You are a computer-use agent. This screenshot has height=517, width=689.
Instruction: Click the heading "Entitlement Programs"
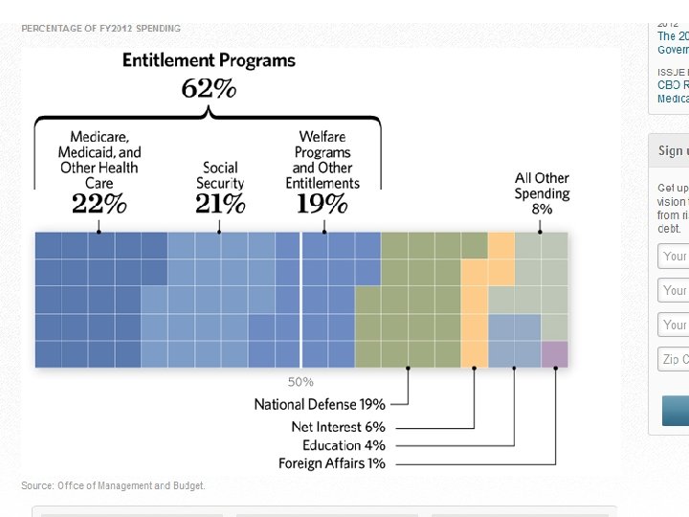click(x=209, y=60)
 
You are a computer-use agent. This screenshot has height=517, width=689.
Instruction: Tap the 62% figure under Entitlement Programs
click(x=209, y=89)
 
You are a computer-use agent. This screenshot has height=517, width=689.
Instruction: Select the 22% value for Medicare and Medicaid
click(x=99, y=203)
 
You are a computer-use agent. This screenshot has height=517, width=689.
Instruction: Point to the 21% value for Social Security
click(x=220, y=203)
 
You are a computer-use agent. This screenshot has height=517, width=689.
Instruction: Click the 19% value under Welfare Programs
click(x=322, y=203)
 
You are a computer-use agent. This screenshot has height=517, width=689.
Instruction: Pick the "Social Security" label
click(x=220, y=175)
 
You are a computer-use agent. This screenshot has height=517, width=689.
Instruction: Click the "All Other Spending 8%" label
click(x=542, y=192)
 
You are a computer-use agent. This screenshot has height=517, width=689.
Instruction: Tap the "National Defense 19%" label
click(x=320, y=404)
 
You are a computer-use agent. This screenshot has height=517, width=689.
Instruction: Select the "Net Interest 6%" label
click(x=338, y=426)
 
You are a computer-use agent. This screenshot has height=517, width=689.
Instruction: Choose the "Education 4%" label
click(x=344, y=445)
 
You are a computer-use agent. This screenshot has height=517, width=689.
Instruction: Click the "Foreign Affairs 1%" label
click(x=332, y=463)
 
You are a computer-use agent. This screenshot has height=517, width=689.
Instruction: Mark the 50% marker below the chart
click(x=300, y=382)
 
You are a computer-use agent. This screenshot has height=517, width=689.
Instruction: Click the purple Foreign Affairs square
click(x=554, y=354)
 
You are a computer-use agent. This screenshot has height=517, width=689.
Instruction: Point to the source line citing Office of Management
click(x=113, y=485)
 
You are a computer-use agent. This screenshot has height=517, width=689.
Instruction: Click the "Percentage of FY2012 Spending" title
click(x=100, y=29)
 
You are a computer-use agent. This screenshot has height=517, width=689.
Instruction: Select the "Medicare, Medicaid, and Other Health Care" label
click(x=99, y=160)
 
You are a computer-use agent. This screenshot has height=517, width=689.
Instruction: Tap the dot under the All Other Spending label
click(x=540, y=231)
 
